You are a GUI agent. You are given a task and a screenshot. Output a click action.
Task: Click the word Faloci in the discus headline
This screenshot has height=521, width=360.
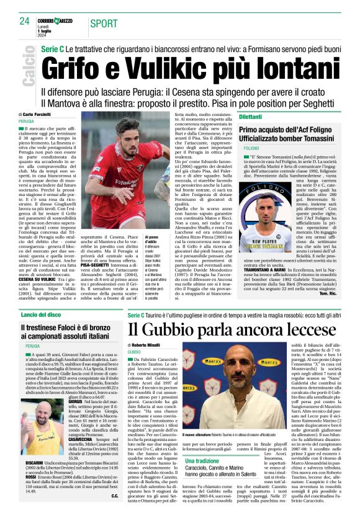click(x=76, y=327)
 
